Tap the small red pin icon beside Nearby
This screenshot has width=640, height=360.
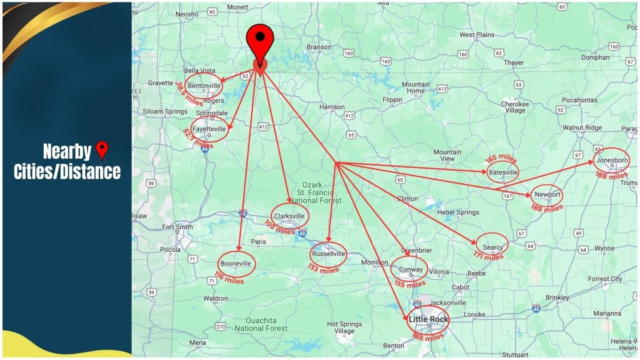(x=101, y=151)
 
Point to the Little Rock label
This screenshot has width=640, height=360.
(x=429, y=319)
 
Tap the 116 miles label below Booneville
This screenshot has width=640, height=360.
(x=229, y=278)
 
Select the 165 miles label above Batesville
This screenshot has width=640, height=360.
(x=500, y=159)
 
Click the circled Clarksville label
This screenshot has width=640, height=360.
(x=290, y=216)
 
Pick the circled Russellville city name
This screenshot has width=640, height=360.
(x=329, y=253)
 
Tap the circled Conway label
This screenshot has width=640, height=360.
(x=410, y=269)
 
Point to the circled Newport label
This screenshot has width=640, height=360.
(x=547, y=195)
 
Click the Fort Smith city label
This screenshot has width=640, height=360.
(x=177, y=227)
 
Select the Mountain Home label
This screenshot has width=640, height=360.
(x=416, y=87)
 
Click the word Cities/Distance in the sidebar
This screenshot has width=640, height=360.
(x=67, y=172)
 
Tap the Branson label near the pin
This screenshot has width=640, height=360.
(x=319, y=47)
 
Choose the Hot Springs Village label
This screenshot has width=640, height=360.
(x=344, y=327)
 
